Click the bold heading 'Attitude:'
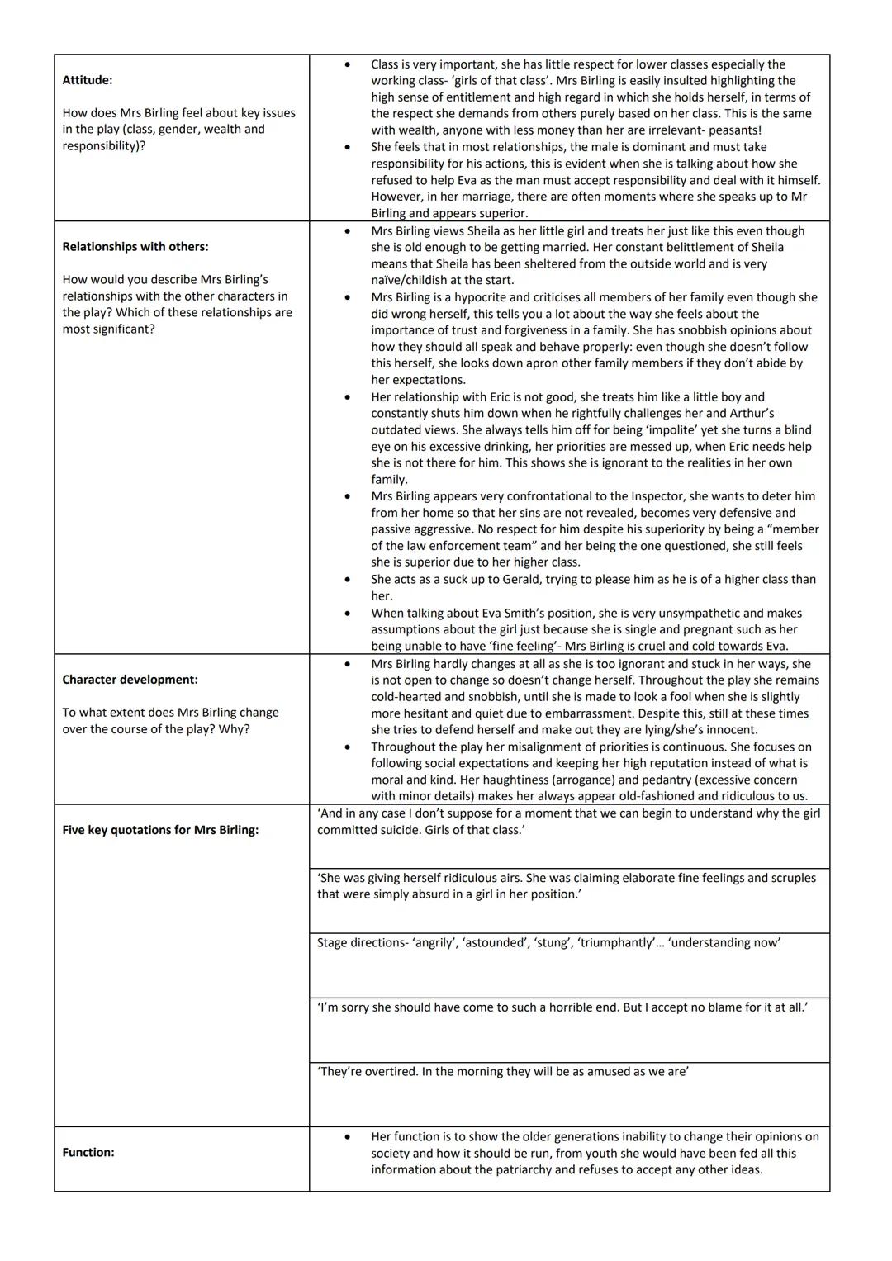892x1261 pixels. [88, 80]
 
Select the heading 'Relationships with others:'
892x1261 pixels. [135, 246]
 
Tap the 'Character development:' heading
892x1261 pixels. [130, 680]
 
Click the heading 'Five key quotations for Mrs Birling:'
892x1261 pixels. [160, 830]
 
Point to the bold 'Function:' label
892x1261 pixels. [88, 1152]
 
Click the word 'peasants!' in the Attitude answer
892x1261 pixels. [734, 130]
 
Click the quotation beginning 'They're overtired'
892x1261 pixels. [503, 1071]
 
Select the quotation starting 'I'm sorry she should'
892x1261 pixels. [562, 1007]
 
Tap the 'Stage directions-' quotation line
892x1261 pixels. [548, 942]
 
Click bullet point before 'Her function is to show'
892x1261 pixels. [347, 1137]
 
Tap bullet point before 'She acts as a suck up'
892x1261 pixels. [347, 579]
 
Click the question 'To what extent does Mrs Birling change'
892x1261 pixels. [170, 713]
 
